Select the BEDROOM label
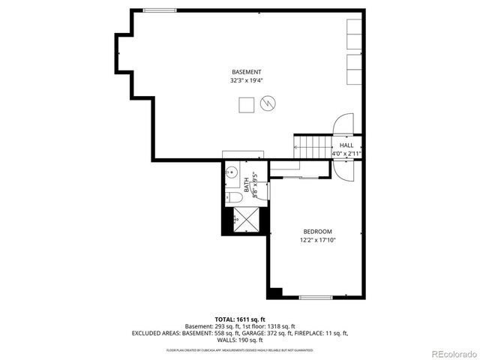tap(317, 231)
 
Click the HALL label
tap(346, 145)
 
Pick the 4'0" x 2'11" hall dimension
tap(346, 154)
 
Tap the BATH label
tap(246, 182)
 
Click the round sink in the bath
tap(232, 171)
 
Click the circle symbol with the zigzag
tap(268, 105)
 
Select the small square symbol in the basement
tap(246, 106)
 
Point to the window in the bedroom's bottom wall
tap(316, 298)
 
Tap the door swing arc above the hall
tap(343, 124)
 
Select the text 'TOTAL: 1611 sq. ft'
tap(239, 319)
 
